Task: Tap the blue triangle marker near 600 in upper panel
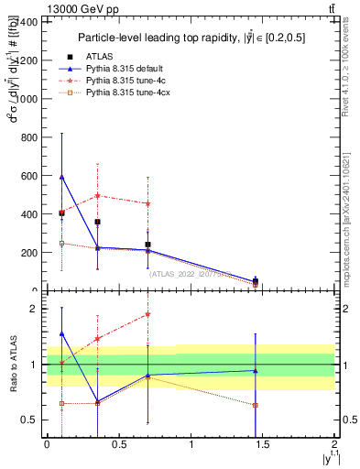tap(61, 176)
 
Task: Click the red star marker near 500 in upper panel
tap(97, 196)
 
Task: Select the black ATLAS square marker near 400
tap(61, 213)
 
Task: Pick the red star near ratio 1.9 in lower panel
tap(147, 314)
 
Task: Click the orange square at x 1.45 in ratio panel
tap(256, 405)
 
